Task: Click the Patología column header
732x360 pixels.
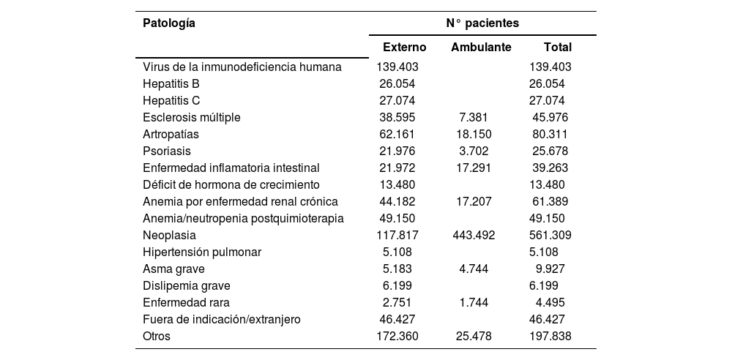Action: (169, 23)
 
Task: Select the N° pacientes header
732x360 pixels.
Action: (482, 23)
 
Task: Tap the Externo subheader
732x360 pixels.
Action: (406, 48)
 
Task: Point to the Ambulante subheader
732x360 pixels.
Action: (481, 48)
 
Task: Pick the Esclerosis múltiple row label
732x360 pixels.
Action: (191, 117)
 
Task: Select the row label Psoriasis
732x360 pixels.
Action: (166, 151)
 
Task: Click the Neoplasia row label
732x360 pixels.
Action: (169, 236)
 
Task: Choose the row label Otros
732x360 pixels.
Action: (157, 337)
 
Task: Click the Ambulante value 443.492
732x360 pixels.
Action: (474, 236)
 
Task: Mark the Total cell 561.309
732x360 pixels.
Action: (550, 236)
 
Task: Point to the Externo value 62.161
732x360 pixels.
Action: (397, 134)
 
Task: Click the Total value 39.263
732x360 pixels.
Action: (550, 168)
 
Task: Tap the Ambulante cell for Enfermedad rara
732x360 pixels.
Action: (474, 303)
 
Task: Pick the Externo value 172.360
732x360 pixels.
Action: (397, 337)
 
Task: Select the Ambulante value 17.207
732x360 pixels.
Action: (474, 201)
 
